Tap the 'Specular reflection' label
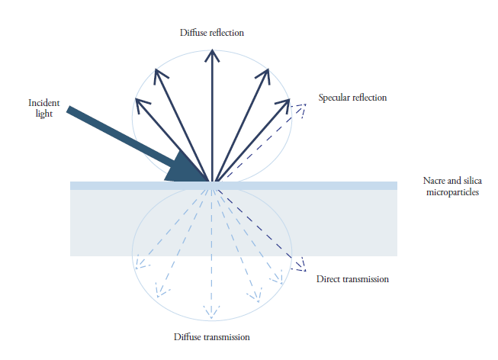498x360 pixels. (x=352, y=98)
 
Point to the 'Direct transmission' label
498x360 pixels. (x=352, y=279)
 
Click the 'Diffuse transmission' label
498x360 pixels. (x=211, y=336)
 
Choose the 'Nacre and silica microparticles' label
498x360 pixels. (x=451, y=186)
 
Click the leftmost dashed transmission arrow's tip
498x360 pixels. (x=138, y=267)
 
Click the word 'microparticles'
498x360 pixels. (x=451, y=192)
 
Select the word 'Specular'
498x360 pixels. (x=334, y=98)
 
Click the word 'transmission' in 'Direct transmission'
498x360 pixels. (x=365, y=279)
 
